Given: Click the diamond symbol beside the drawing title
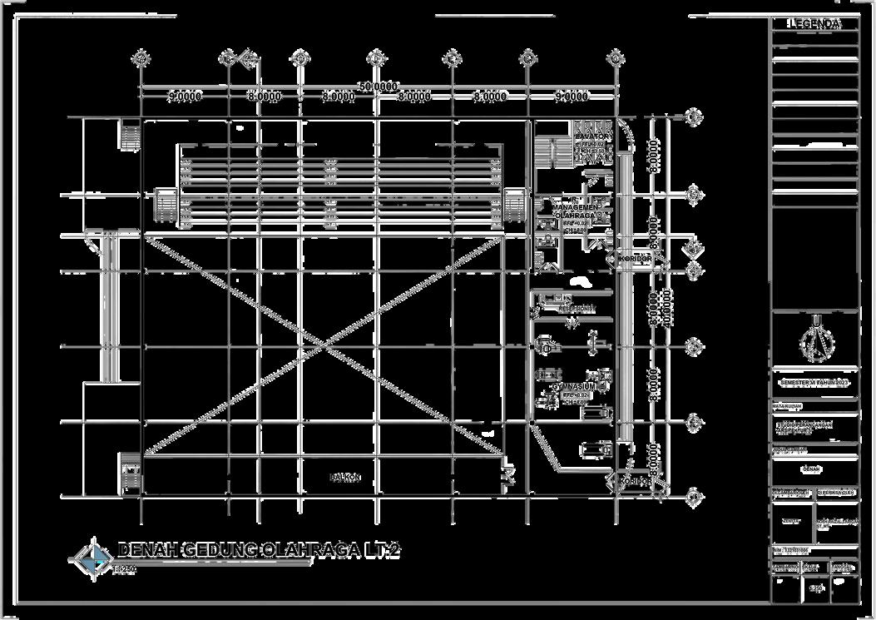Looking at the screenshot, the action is click(x=91, y=556).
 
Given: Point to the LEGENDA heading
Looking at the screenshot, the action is click(x=815, y=25).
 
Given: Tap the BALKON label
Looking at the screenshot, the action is click(x=345, y=478).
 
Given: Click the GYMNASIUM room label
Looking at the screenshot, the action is click(x=574, y=387).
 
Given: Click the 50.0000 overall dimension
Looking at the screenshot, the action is click(x=378, y=87).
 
